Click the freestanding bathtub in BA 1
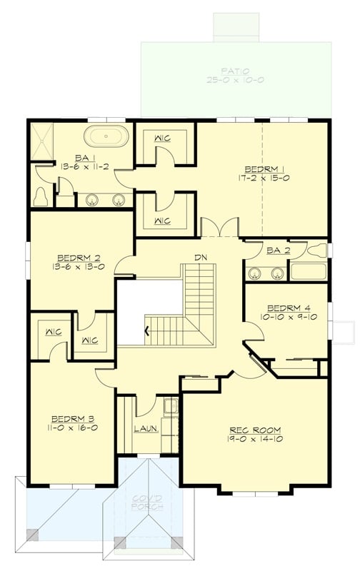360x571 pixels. tap(106, 136)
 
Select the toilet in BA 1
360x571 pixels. tap(41, 196)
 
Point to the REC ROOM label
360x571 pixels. tap(255, 430)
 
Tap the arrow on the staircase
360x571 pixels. tap(148, 330)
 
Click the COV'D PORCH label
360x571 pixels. tap(146, 502)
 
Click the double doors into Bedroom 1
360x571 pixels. tap(220, 228)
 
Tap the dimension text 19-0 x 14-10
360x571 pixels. tap(255, 440)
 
